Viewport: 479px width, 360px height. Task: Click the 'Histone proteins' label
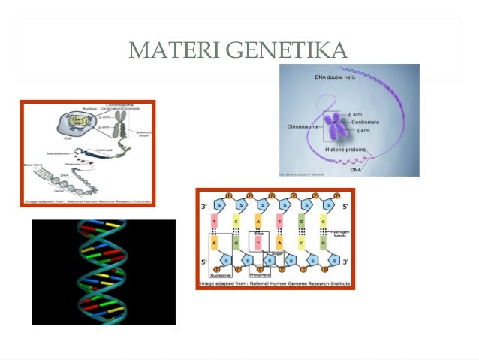click(x=345, y=150)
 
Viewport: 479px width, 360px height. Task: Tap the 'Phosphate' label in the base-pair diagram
click(x=259, y=275)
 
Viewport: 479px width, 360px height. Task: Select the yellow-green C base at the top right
click(x=323, y=223)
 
